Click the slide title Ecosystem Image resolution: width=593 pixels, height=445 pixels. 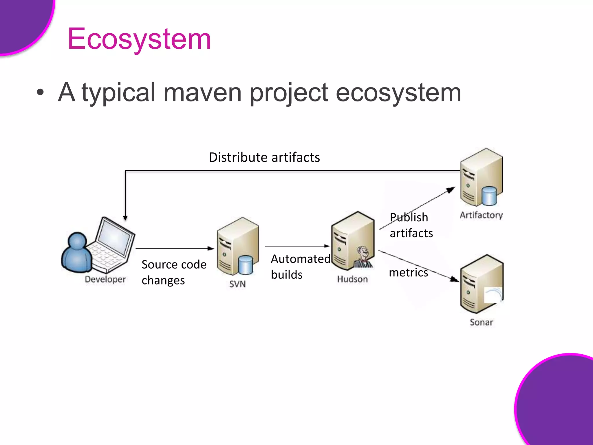coord(139,39)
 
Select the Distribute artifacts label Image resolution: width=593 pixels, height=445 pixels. coord(264,157)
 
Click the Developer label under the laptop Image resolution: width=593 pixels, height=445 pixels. coord(105,279)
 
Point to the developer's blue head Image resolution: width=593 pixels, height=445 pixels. coord(77,240)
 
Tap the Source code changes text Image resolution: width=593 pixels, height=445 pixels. coord(174,272)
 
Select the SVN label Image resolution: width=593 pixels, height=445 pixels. coord(237,284)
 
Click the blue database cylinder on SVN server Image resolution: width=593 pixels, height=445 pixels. coord(246,265)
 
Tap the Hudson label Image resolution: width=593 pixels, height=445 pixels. coord(352,279)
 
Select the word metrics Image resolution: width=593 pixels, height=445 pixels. coord(408,273)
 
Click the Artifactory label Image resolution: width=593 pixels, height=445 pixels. coord(481,215)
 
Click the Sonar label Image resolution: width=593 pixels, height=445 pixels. coord(481,322)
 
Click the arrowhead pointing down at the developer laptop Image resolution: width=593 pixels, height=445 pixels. coord(125,218)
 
